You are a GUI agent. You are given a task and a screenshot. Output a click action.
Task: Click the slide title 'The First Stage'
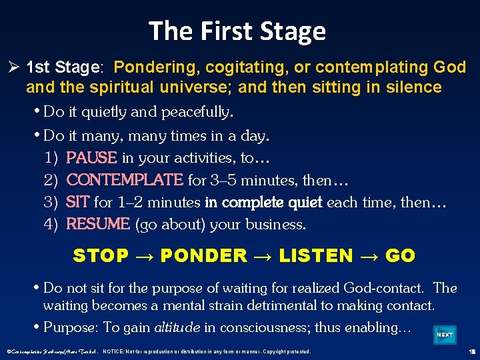point(237,31)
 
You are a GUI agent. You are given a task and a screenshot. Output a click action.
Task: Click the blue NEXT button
point(445,335)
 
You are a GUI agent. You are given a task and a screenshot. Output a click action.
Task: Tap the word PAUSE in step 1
point(92,158)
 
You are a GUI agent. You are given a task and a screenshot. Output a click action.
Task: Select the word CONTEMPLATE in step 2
point(125,180)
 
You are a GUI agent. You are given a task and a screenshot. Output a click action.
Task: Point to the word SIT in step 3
point(78,202)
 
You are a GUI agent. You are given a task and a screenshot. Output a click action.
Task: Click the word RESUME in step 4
point(98,225)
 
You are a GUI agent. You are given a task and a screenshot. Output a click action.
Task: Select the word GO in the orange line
point(400,255)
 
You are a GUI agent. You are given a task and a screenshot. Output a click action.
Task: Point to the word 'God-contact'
point(383,289)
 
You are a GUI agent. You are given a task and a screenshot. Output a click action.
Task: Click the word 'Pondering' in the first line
point(157,68)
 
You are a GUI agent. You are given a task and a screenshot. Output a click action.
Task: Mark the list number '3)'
point(51,202)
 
